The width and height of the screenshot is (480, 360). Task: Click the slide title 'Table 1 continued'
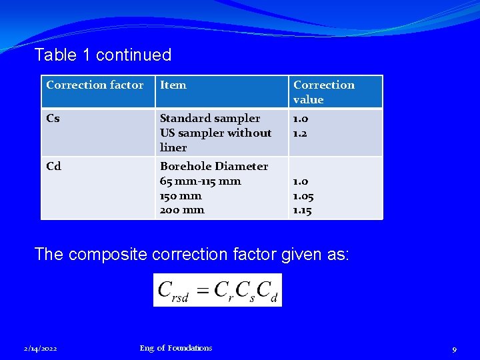(103, 55)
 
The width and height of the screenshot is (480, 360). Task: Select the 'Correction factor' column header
(95, 85)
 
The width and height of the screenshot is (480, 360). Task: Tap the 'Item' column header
(173, 85)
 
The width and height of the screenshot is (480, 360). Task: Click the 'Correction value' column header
(324, 92)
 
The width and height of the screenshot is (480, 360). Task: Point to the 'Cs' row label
(53, 119)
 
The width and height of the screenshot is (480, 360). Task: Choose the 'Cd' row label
(53, 167)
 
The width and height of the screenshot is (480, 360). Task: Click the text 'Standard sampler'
(210, 119)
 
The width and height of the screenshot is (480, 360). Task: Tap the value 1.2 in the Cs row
(301, 133)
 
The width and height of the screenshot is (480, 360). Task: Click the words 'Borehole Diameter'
(214, 167)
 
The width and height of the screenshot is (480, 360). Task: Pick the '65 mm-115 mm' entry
(201, 181)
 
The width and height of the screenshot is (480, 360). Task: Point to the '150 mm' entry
(181, 196)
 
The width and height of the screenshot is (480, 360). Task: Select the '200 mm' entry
(182, 210)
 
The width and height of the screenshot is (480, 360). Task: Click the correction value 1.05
(303, 196)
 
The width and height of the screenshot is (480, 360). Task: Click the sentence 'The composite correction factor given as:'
(191, 254)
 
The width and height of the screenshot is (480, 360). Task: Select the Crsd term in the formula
(173, 291)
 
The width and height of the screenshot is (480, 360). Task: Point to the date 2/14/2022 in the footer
(39, 349)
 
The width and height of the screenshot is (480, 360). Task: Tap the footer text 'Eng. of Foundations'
(176, 348)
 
